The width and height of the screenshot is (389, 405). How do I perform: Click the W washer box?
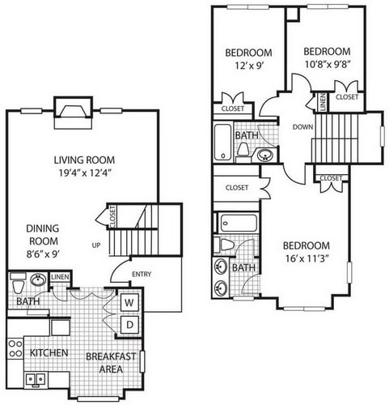tap(129, 303)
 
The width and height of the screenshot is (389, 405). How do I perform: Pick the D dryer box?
tap(129, 326)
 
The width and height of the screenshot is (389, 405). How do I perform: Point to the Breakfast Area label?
tap(110, 361)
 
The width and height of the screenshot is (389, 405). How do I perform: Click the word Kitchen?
tap(49, 354)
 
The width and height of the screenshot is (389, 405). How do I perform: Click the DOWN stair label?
tap(303, 126)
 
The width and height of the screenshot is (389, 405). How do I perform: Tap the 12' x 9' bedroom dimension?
tap(243, 68)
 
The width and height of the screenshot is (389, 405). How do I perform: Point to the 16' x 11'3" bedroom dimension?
tap(307, 259)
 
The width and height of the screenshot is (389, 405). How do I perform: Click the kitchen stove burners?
tap(15, 349)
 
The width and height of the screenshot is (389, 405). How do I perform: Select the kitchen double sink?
tap(36, 378)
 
